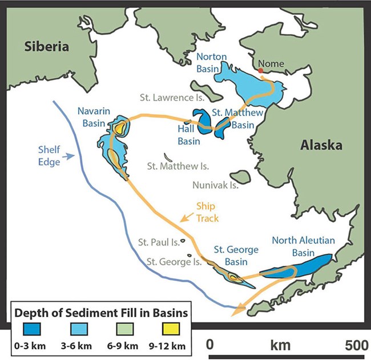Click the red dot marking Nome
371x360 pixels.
click(261, 70)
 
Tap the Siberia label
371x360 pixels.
click(46, 46)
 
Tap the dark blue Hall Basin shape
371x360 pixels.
click(201, 120)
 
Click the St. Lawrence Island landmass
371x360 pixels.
click(203, 90)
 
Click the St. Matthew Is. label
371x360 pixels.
click(178, 167)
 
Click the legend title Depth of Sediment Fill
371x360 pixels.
click(101, 313)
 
